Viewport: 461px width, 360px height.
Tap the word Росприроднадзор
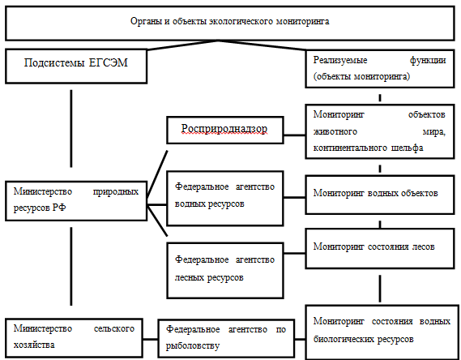(224, 129)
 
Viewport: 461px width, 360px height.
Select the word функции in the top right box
(428, 60)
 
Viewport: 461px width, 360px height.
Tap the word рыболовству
(193, 345)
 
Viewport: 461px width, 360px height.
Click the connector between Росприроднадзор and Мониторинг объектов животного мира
(294, 135)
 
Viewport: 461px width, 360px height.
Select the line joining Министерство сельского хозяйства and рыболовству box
(150, 339)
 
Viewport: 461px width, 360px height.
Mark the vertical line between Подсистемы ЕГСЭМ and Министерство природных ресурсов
(71, 129)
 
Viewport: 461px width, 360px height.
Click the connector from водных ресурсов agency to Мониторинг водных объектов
(294, 197)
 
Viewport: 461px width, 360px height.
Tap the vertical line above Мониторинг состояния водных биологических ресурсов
(380, 289)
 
